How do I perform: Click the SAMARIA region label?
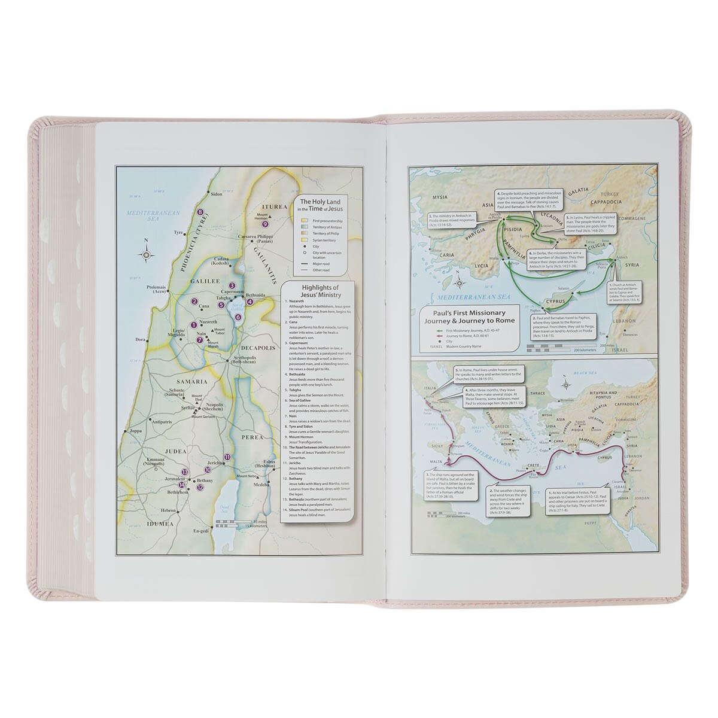191,381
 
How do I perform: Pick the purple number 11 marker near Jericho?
227,458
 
